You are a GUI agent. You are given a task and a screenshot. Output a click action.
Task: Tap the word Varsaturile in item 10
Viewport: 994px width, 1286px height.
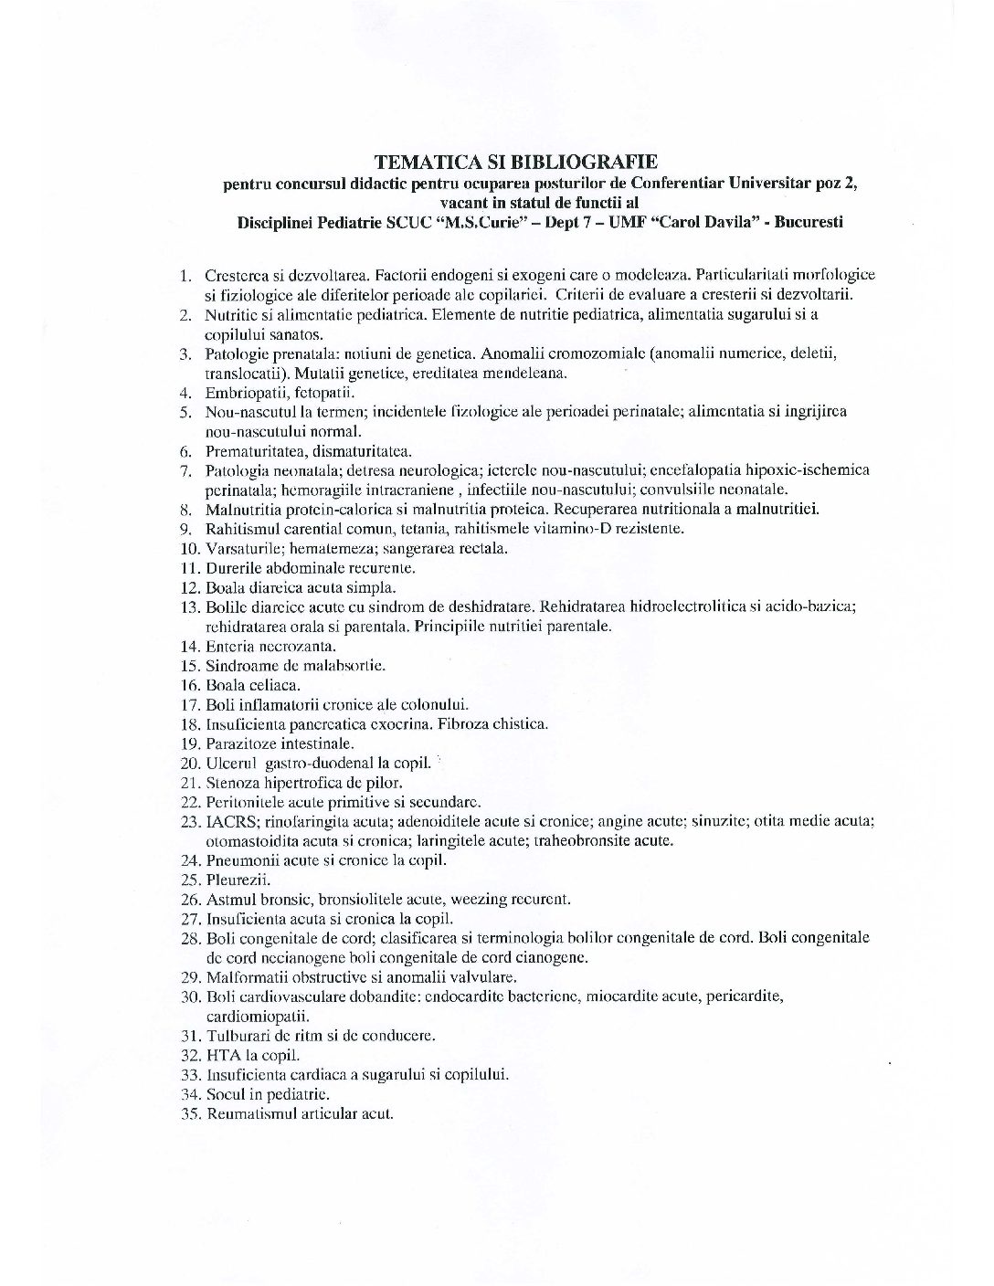tap(241, 548)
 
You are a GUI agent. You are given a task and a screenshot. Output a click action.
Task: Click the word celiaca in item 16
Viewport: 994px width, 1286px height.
tap(274, 684)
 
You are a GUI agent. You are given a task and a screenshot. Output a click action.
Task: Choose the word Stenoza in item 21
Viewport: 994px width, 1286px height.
tap(232, 782)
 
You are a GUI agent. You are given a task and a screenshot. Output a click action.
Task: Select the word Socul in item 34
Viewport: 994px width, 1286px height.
tap(224, 1093)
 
